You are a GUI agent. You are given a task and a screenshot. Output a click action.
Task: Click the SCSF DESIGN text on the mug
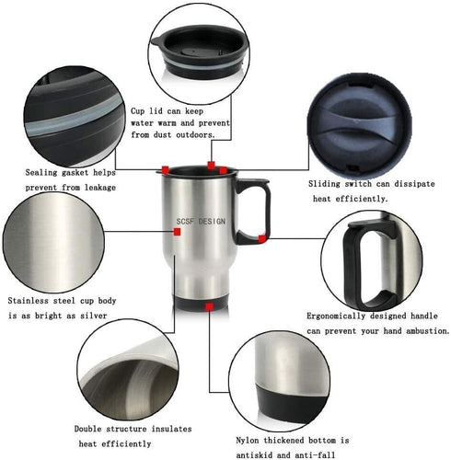(201, 221)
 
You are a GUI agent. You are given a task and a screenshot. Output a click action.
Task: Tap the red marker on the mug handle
(261, 238)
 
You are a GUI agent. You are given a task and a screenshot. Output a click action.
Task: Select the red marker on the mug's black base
(210, 306)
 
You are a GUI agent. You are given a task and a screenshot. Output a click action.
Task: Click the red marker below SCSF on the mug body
(177, 232)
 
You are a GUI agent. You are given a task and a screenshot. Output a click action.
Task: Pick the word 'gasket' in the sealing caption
(75, 173)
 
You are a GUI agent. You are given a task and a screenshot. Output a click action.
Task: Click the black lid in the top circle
(199, 51)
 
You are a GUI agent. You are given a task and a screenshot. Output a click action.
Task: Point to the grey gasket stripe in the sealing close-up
(74, 118)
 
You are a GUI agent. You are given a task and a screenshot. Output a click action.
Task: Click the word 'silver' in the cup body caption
(94, 316)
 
